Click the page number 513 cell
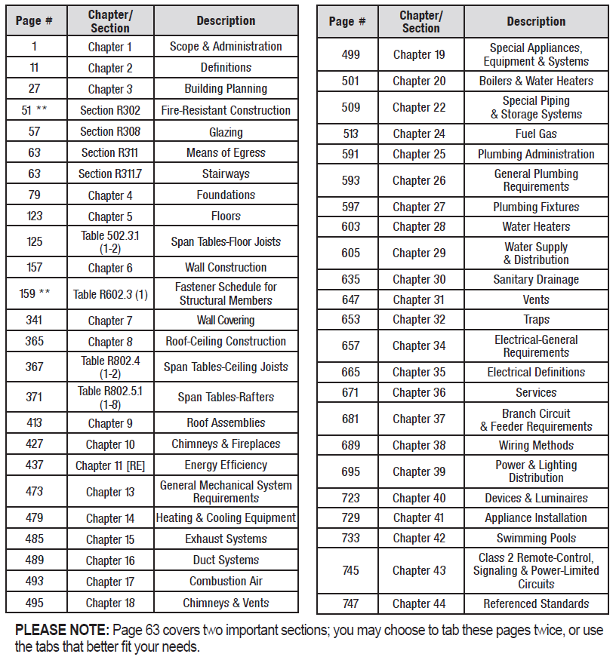pyautogui.click(x=350, y=134)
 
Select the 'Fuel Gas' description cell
pyautogui.click(x=536, y=134)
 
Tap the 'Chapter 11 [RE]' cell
pyautogui.click(x=110, y=465)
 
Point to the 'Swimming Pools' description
pyautogui.click(x=536, y=539)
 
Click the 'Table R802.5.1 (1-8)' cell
pyautogui.click(x=110, y=397)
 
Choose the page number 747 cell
pyautogui.click(x=350, y=604)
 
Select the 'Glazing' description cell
pyautogui.click(x=226, y=132)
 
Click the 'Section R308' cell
pyautogui.click(x=110, y=132)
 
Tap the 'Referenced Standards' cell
pyautogui.click(x=536, y=604)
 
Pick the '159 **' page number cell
pyautogui.click(x=35, y=293)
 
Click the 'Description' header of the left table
pyautogui.click(x=226, y=21)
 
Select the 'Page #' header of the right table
pyautogui.click(x=350, y=21)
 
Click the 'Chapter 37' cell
pyautogui.click(x=419, y=419)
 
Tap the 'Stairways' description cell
pyautogui.click(x=226, y=174)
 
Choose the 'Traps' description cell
pyautogui.click(x=536, y=320)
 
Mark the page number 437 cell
pyautogui.click(x=35, y=465)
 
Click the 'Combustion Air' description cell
pyautogui.click(x=226, y=582)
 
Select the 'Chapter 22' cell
pyautogui.click(x=419, y=108)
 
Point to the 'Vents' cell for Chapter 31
pyautogui.click(x=536, y=299)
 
